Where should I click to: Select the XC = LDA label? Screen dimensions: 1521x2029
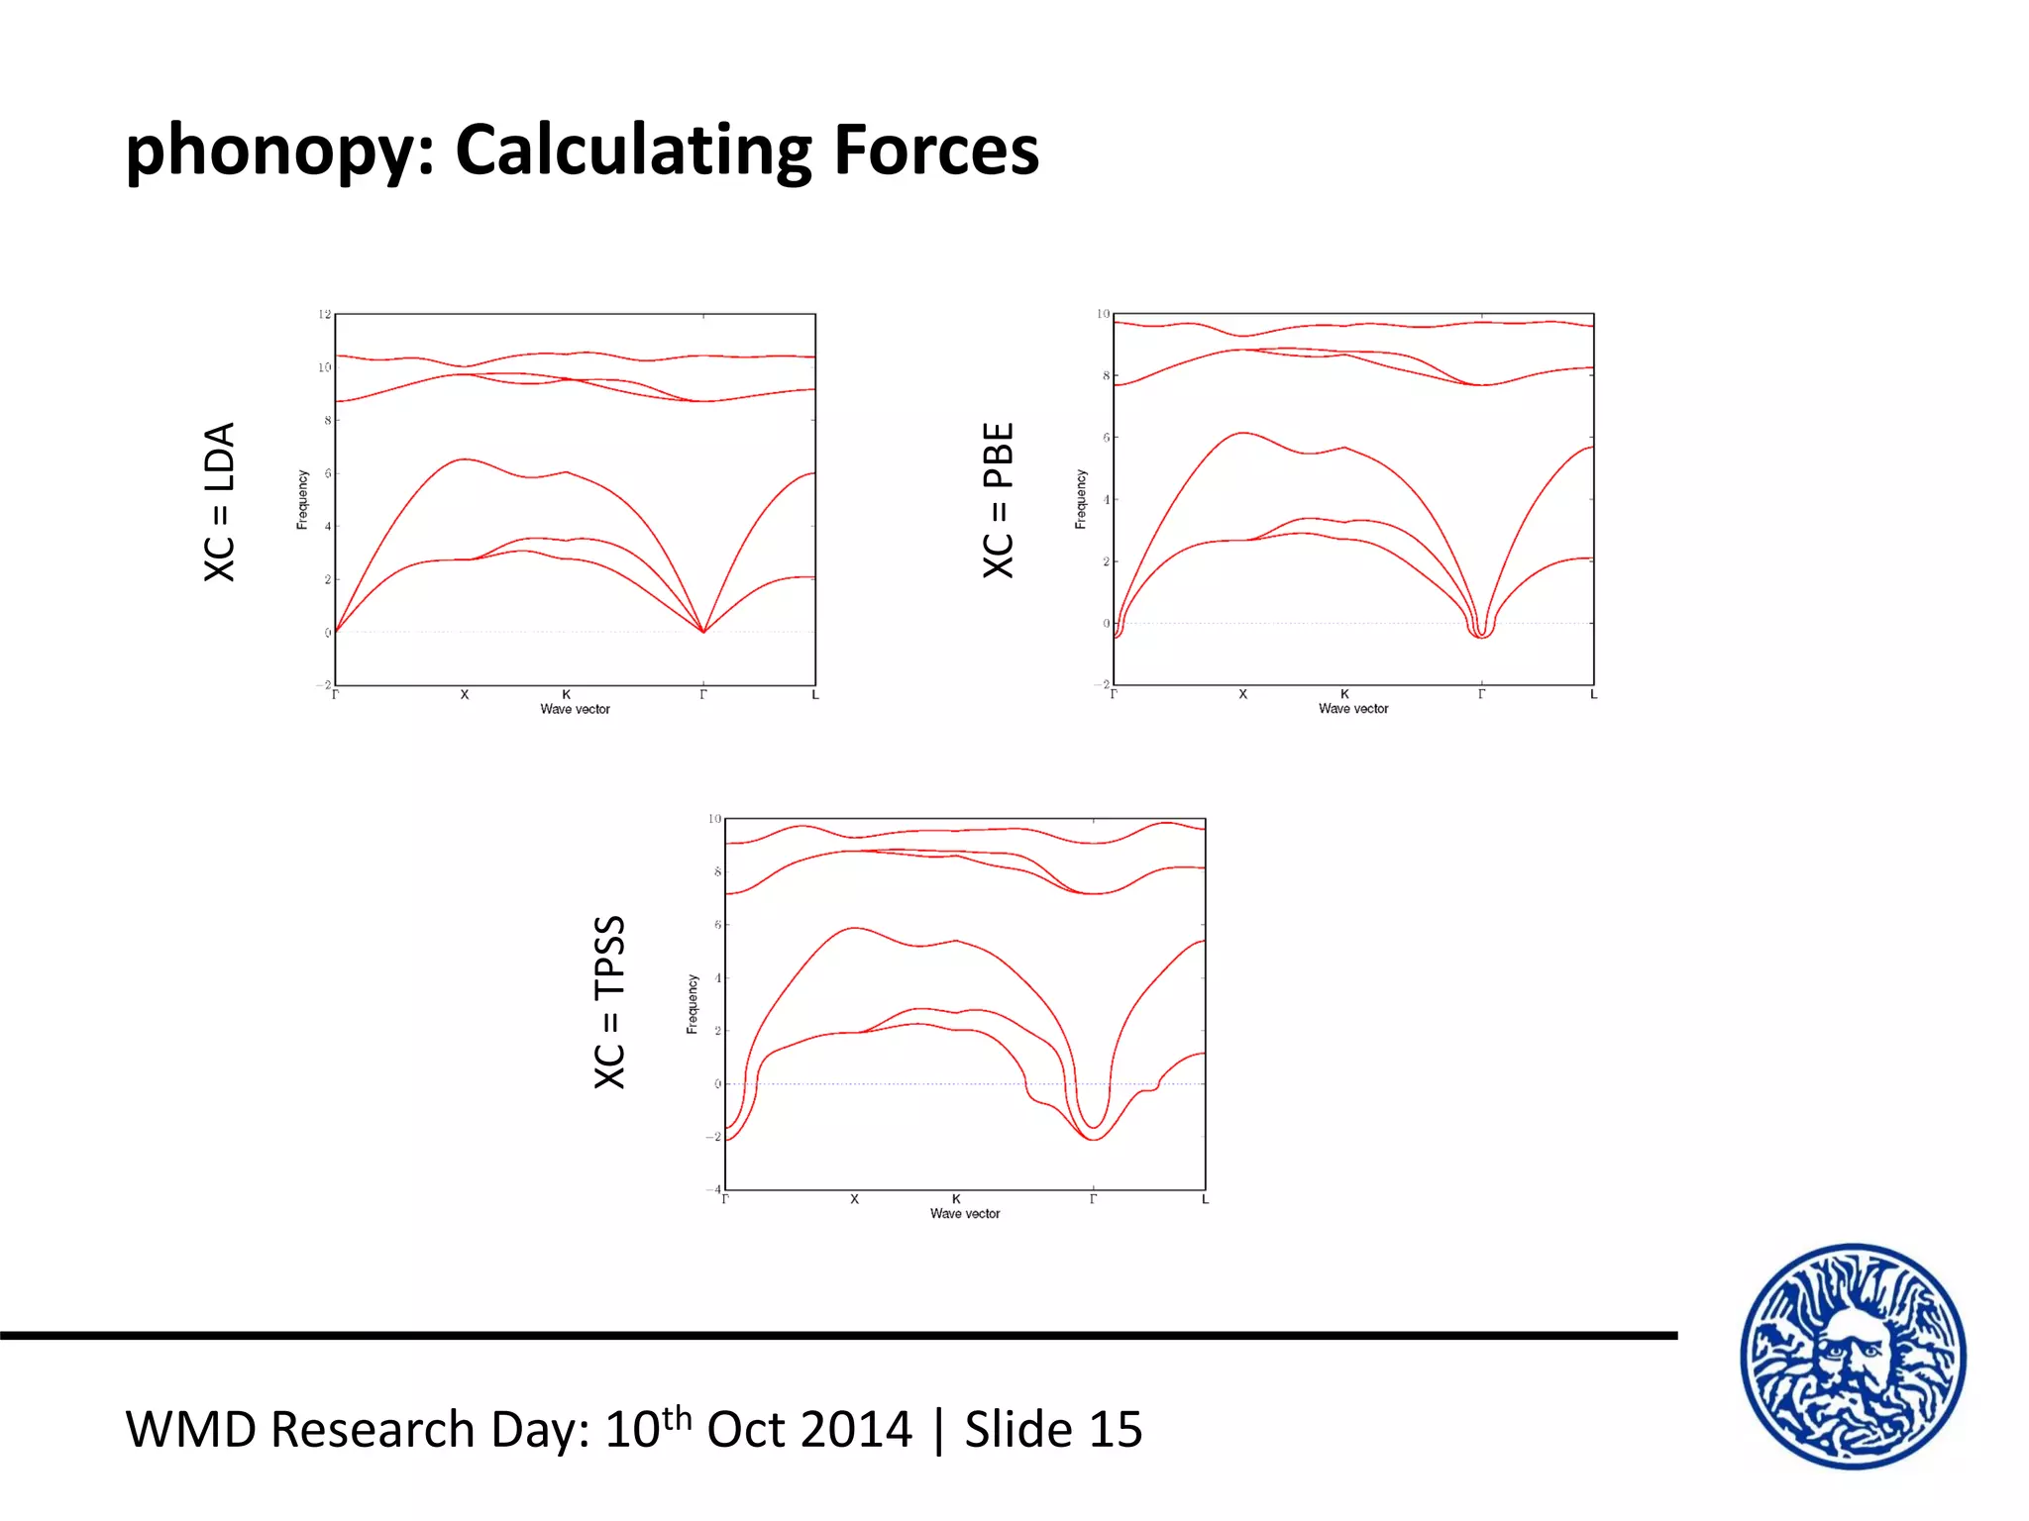coord(219,502)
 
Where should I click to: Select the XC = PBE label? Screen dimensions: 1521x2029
coord(999,500)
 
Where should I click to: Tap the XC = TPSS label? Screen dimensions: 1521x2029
coord(609,1002)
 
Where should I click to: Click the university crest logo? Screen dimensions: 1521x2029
coord(1853,1357)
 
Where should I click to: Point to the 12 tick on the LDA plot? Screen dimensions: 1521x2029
coord(324,314)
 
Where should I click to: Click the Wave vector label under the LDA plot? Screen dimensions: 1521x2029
coord(575,709)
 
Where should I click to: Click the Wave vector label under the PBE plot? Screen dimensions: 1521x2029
coord(1353,709)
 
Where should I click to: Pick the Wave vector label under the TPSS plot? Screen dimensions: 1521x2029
coord(965,1214)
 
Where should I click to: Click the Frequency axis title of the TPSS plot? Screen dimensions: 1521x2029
coord(693,1004)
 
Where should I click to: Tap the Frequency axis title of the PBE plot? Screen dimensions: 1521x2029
coord(1081,499)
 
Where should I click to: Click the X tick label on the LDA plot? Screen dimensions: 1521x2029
coord(464,695)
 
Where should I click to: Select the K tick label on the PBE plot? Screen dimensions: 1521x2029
coord(1344,694)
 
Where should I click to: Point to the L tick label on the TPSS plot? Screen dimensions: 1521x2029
coord(1205,1200)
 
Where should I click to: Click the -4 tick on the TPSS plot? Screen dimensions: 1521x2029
coord(713,1189)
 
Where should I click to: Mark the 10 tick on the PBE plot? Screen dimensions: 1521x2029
coord(1103,314)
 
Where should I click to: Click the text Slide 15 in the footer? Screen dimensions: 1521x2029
coord(1053,1430)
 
